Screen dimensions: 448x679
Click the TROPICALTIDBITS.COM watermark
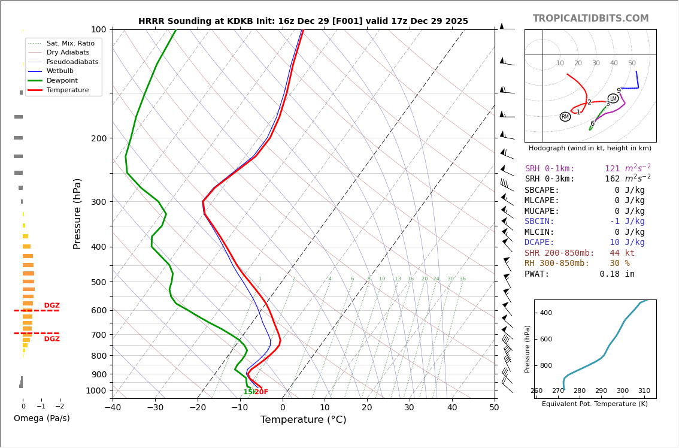coord(590,19)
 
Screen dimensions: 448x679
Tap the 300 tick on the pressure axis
coord(99,202)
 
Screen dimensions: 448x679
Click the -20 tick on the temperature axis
coord(198,408)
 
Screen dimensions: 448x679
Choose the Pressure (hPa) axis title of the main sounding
coord(77,213)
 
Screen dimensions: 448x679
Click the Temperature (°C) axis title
coord(303,420)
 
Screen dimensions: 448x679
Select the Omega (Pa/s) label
coord(41,418)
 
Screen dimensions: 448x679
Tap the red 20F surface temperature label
coord(262,392)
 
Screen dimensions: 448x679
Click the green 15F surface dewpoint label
coord(248,392)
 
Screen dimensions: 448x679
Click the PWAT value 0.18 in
coord(617,274)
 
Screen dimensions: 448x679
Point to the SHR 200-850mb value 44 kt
coord(622,253)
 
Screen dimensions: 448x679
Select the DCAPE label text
coord(539,243)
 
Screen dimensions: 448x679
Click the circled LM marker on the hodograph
coord(613,98)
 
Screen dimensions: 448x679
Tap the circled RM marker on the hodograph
coord(565,117)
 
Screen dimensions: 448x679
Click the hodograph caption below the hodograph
coord(590,148)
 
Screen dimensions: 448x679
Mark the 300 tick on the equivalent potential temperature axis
coord(622,391)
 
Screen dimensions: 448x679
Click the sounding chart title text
coord(303,21)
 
